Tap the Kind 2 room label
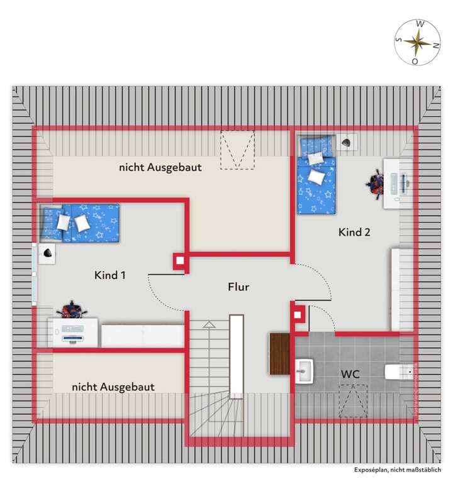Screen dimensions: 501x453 (x=354, y=232)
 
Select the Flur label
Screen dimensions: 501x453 (x=238, y=287)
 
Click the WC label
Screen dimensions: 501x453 (x=350, y=374)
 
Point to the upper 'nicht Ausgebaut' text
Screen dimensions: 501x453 (x=160, y=168)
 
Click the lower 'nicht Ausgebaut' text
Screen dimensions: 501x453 (x=113, y=387)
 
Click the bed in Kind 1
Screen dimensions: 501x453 (x=79, y=222)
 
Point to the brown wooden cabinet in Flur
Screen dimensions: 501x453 (x=279, y=354)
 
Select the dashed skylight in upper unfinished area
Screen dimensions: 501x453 (x=237, y=150)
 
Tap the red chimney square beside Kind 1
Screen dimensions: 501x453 (x=180, y=261)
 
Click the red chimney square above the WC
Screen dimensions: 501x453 (x=298, y=312)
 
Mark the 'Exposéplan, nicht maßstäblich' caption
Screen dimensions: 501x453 (x=398, y=470)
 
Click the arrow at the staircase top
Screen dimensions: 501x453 (x=208, y=325)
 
